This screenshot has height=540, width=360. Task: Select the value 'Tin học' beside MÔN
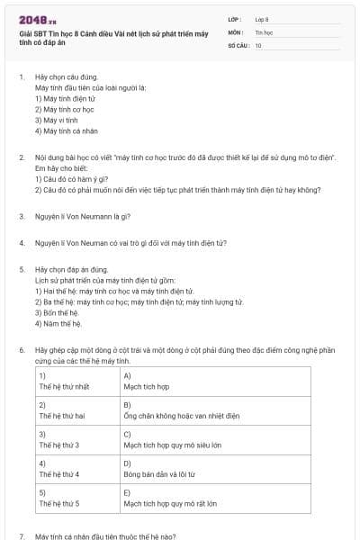[x=264, y=31]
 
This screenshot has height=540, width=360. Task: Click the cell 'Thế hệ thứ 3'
[x=59, y=445]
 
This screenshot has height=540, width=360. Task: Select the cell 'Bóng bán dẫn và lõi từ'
[x=159, y=473]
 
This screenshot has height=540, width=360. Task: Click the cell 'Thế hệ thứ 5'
[x=59, y=503]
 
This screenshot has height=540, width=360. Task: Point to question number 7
[x=22, y=535]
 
